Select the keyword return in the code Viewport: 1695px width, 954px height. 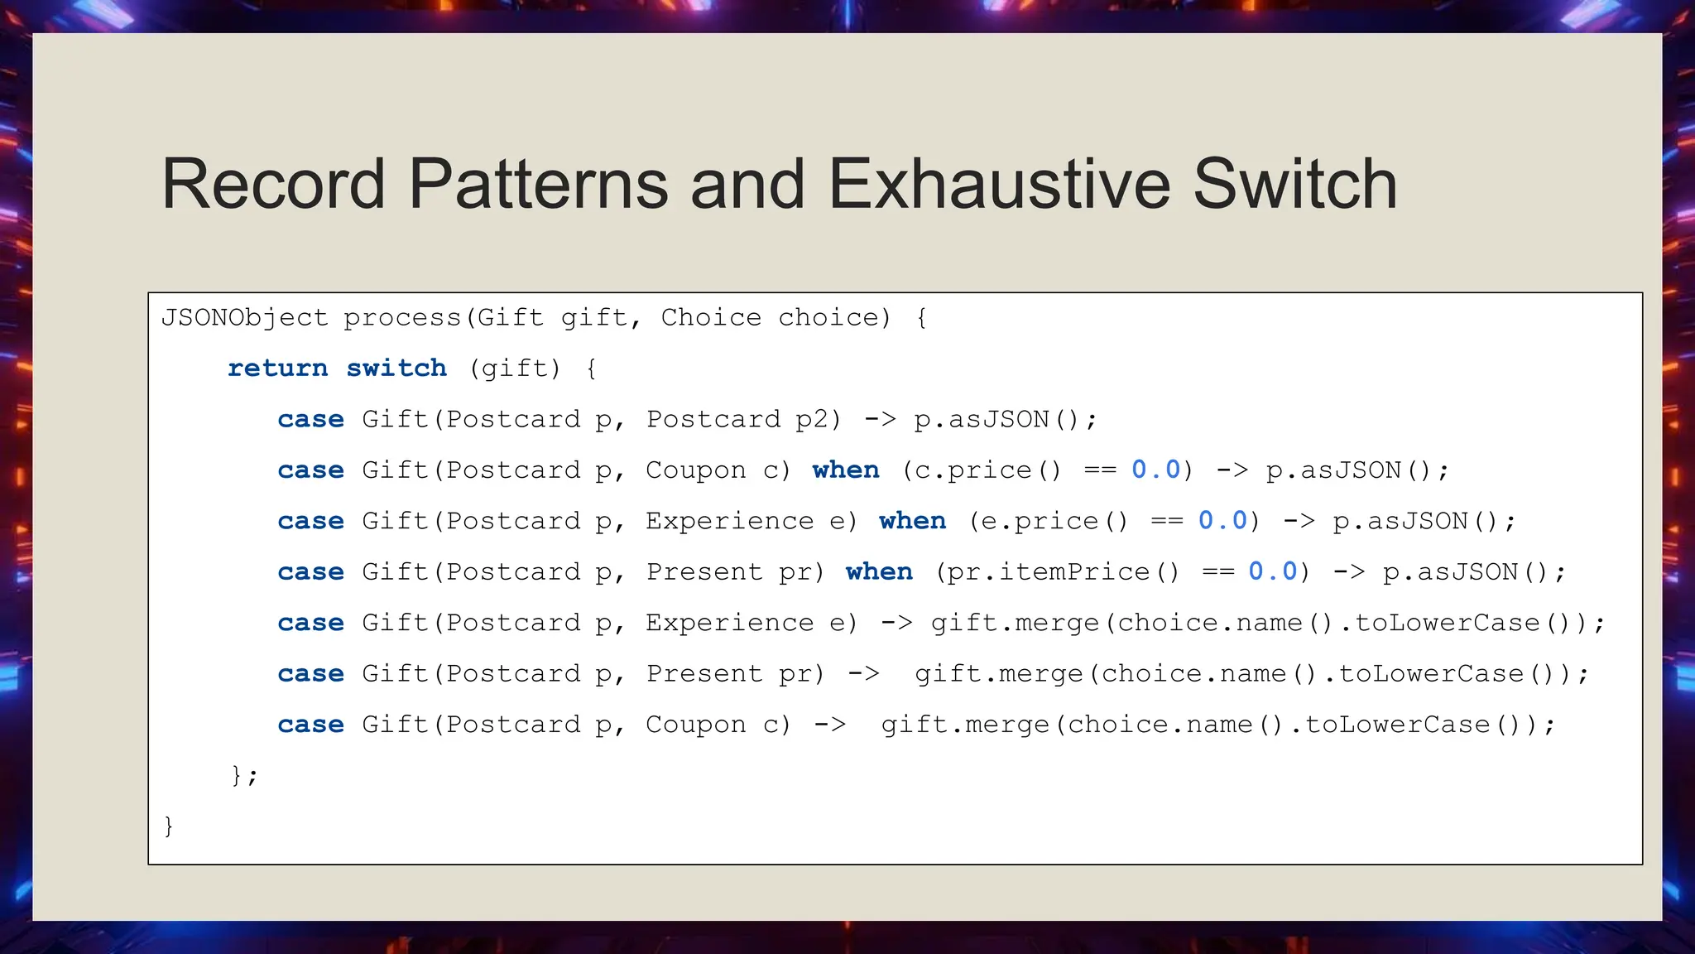tap(277, 368)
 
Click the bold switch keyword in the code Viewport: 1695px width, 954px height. tap(396, 368)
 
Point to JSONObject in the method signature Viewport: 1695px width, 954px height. tap(244, 317)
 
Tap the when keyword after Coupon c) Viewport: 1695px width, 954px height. tap(845, 470)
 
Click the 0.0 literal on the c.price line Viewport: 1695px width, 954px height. tap(1155, 470)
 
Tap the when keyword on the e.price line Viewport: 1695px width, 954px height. tap(912, 521)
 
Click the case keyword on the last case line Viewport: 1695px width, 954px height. tap(310, 725)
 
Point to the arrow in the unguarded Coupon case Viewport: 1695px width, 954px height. tap(829, 725)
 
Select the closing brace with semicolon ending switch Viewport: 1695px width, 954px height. tap(244, 775)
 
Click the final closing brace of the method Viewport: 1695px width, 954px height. tap(169, 826)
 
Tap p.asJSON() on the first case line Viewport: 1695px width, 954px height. tap(1004, 419)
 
